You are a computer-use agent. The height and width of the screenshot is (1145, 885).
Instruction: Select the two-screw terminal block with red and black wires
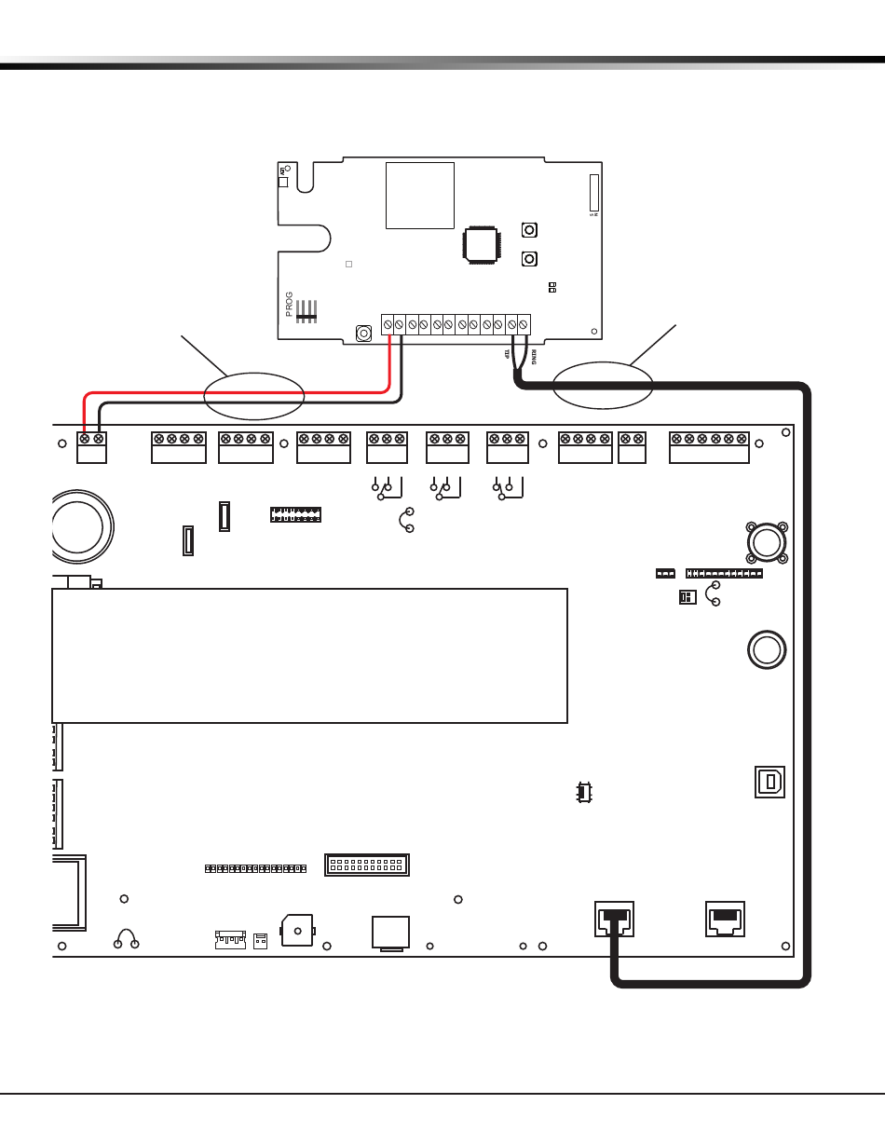click(91, 447)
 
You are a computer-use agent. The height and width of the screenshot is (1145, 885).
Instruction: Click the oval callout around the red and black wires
click(254, 395)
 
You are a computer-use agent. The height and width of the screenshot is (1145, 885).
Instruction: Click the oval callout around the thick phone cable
click(602, 384)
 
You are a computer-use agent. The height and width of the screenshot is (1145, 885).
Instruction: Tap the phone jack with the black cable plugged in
click(614, 919)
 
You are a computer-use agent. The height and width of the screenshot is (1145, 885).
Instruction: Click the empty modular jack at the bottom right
click(727, 919)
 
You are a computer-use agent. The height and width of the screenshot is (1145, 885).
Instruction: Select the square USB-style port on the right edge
click(769, 782)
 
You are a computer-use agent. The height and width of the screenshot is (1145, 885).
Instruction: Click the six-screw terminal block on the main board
click(709, 447)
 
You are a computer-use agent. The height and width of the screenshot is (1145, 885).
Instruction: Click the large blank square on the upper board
click(420, 196)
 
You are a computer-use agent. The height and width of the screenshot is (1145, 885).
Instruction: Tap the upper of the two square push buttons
click(528, 230)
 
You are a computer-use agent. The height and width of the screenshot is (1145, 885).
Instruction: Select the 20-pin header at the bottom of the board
click(368, 865)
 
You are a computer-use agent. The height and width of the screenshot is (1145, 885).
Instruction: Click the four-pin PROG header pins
click(307, 311)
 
